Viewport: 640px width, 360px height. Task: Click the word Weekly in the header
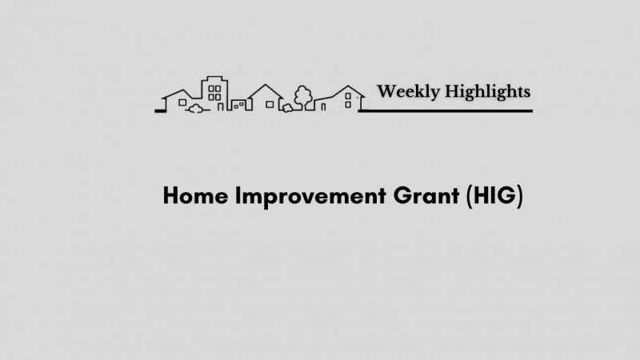408,92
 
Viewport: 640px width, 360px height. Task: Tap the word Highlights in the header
487,92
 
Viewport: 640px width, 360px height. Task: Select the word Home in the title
195,195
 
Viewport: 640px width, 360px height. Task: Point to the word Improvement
310,197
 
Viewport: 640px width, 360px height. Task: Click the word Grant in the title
426,195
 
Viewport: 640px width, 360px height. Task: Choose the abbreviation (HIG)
494,196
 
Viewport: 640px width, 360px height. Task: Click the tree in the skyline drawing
303,97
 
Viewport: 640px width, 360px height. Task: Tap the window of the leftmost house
182,102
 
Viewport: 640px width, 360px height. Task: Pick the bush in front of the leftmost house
195,109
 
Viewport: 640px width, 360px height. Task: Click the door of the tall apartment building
221,107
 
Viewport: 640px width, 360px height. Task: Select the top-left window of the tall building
211,89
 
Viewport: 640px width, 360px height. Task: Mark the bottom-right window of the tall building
218,97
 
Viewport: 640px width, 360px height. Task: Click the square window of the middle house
270,105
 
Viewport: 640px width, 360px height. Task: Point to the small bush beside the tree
287,108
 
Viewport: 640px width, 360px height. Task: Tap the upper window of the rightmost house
348,96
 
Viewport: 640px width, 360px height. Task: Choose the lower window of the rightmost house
348,105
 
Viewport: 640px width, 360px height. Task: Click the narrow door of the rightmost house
323,107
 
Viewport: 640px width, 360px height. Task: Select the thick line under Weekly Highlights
446,110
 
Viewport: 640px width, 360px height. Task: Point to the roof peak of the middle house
266,85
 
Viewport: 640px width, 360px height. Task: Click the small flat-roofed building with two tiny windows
239,105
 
